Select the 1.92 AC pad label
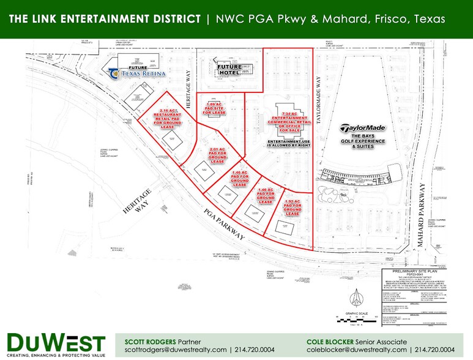[x=292, y=208]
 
